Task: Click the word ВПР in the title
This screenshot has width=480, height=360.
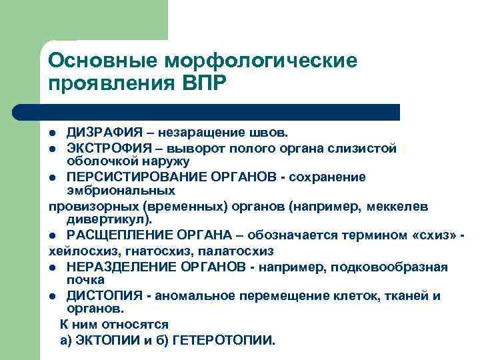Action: (x=203, y=85)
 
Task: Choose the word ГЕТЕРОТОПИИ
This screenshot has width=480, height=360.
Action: (x=222, y=340)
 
